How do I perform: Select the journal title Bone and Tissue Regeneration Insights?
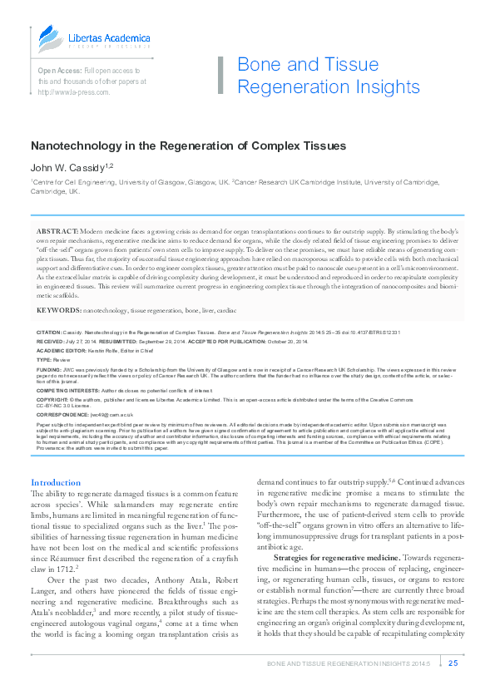(329, 76)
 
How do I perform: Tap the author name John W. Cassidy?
(67, 167)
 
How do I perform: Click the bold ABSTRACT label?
(57, 229)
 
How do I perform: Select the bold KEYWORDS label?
(59, 309)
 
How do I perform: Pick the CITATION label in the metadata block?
(49, 332)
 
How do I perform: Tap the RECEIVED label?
(50, 341)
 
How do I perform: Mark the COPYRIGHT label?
(52, 398)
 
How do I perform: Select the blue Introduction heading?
(56, 482)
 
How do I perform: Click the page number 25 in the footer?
(453, 663)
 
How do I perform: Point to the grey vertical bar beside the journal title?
(221, 76)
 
